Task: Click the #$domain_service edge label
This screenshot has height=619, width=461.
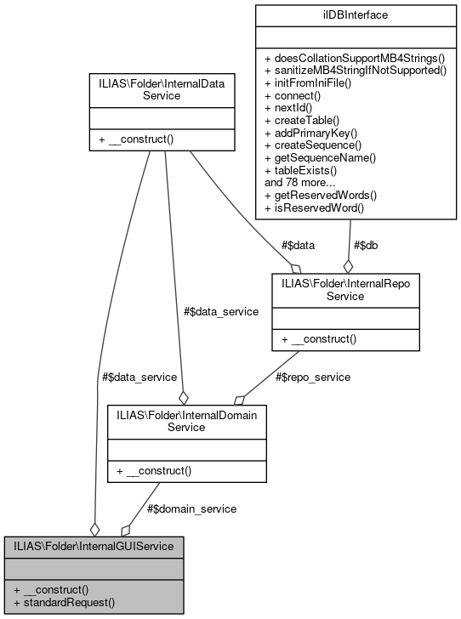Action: coord(191,508)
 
